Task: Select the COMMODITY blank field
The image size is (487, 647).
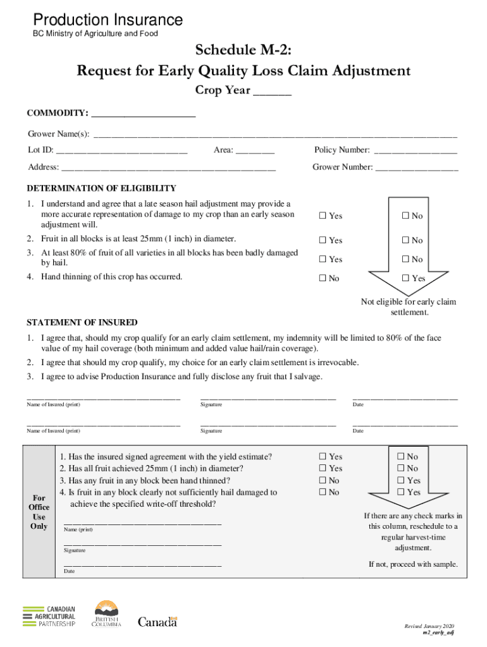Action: point(144,115)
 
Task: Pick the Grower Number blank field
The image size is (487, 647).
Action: point(417,169)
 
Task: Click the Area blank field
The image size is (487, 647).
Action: point(256,152)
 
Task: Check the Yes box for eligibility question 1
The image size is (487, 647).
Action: point(323,216)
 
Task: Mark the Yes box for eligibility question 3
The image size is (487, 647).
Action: point(323,260)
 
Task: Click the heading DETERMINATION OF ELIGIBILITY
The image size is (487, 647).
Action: point(101,188)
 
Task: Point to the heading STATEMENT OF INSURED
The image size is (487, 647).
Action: point(82,322)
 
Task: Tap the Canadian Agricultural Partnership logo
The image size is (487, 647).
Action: point(49,615)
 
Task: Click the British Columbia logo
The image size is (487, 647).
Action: point(106,614)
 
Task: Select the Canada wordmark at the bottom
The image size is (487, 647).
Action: point(158,622)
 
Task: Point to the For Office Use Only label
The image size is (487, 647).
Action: point(39,512)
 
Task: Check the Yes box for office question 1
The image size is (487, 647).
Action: point(323,457)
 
